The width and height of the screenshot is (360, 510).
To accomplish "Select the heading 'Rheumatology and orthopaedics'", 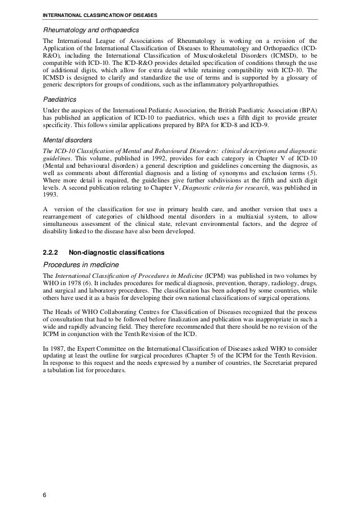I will [x=89, y=29].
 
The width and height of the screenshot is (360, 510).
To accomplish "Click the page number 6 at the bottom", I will [x=45, y=495].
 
